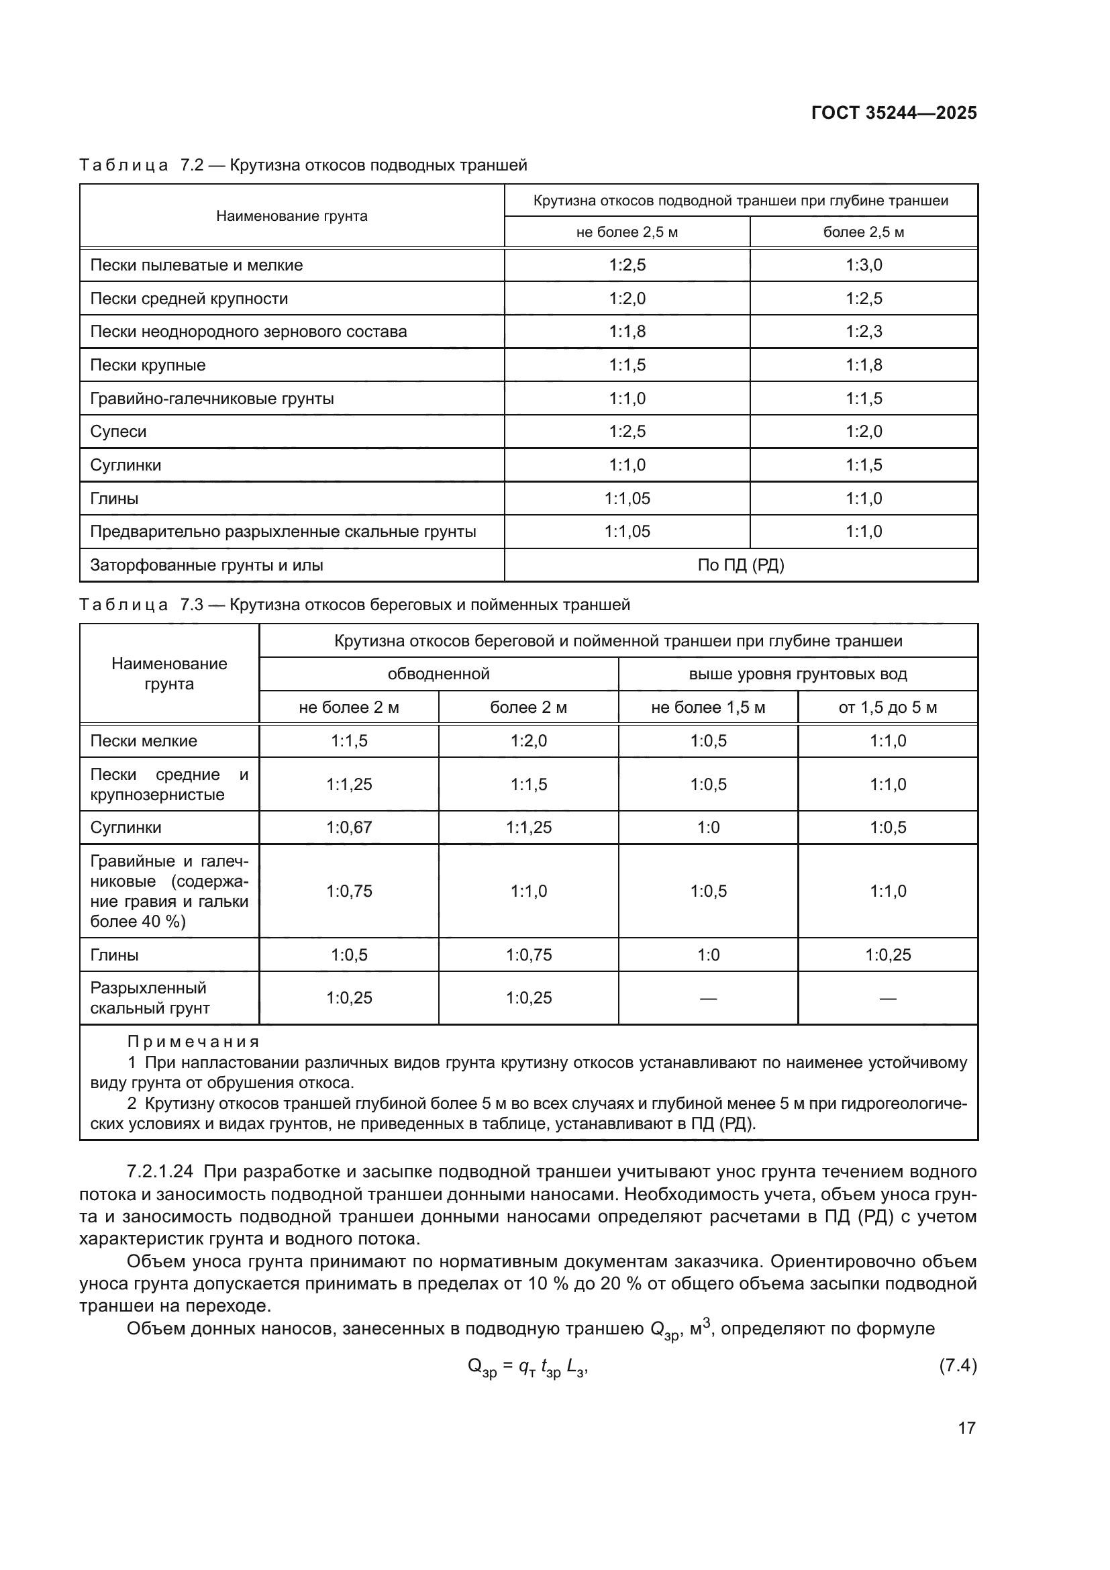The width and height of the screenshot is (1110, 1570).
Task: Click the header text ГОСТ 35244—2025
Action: pyautogui.click(x=893, y=113)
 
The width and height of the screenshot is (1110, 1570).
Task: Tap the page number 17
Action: pyautogui.click(x=966, y=1427)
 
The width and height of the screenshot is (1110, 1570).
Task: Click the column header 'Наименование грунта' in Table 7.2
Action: pyautogui.click(x=292, y=216)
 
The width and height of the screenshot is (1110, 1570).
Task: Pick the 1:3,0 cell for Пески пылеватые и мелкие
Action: pyautogui.click(x=863, y=265)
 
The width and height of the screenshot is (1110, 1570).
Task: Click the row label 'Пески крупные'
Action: pyautogui.click(x=148, y=365)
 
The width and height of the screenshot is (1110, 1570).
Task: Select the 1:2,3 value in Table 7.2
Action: pyautogui.click(x=863, y=332)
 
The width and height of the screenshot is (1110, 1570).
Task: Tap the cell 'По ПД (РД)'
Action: pyautogui.click(x=740, y=565)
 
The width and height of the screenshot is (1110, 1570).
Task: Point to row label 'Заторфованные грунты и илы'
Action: pyautogui.click(x=207, y=565)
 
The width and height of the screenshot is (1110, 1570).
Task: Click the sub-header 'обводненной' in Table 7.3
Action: pyautogui.click(x=438, y=674)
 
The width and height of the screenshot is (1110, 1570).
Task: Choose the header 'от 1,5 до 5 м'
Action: pyautogui.click(x=887, y=707)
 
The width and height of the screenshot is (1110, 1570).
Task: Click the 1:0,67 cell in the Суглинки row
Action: pyautogui.click(x=348, y=828)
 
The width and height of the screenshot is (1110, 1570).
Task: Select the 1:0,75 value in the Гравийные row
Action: pyautogui.click(x=348, y=891)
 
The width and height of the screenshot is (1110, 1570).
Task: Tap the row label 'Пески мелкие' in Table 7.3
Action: pyautogui.click(x=144, y=741)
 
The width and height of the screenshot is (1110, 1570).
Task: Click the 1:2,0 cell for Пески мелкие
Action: pyautogui.click(x=528, y=741)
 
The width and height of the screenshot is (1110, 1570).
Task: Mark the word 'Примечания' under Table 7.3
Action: pyautogui.click(x=193, y=1042)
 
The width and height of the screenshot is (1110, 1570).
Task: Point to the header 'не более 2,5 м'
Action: pyautogui.click(x=627, y=232)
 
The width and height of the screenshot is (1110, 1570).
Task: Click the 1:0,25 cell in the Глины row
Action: pyautogui.click(x=887, y=954)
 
